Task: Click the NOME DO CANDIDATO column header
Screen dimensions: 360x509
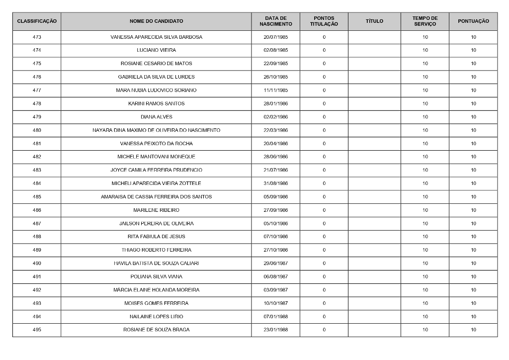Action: (156, 21)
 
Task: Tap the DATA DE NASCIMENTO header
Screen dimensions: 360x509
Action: (275, 21)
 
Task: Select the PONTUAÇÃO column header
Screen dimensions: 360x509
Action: (473, 21)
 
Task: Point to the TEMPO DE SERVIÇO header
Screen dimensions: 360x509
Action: (425, 21)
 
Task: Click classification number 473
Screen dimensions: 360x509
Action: (37, 37)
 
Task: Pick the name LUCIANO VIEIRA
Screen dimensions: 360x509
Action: (156, 50)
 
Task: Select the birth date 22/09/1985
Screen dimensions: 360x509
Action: (275, 64)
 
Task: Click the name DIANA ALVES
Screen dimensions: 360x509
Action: (156, 117)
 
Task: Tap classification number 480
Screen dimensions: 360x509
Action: (37, 130)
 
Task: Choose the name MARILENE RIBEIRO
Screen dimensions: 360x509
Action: (156, 210)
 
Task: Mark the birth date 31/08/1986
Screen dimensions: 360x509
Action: (275, 183)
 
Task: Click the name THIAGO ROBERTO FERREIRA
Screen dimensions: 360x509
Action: (156, 250)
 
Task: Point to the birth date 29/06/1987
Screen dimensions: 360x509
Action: (275, 264)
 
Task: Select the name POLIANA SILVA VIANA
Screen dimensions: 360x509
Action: (156, 277)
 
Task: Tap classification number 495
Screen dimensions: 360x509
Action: (37, 330)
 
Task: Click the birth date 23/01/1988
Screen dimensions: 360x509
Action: (275, 330)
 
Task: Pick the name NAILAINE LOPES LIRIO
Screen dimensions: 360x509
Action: (156, 317)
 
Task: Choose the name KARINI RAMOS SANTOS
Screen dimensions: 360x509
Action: (156, 103)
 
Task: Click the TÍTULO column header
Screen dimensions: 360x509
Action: (374, 21)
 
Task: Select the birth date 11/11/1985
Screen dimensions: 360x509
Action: (275, 90)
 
